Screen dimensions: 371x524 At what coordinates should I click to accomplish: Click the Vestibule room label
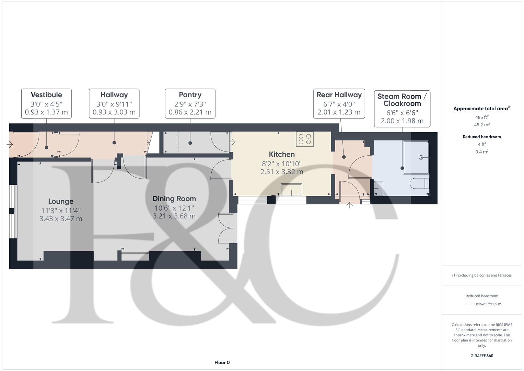[46, 95]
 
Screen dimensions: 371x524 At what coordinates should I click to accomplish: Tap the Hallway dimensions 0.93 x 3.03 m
[114, 112]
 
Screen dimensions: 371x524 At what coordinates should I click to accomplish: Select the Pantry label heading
[190, 95]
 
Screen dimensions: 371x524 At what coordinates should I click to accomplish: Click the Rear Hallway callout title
[339, 95]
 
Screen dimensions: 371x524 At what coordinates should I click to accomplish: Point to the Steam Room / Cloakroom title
[402, 100]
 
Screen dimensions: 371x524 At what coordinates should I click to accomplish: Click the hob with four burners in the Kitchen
[305, 139]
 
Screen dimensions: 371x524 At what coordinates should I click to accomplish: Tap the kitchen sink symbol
[291, 190]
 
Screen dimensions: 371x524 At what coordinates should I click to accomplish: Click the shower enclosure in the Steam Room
[416, 157]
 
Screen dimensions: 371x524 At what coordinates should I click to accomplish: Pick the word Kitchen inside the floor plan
[281, 155]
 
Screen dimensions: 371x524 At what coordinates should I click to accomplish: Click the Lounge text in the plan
[61, 202]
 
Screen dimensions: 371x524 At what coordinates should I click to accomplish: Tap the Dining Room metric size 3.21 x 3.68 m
[174, 216]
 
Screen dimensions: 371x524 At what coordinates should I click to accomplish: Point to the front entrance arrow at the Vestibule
[10, 145]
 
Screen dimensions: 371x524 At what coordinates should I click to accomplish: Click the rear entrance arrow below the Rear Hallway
[349, 205]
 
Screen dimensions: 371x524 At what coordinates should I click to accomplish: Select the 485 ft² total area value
[482, 117]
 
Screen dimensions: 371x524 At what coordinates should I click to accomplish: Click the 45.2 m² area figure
[482, 125]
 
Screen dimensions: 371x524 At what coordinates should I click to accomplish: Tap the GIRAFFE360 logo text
[482, 356]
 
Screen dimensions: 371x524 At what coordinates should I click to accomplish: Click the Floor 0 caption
[222, 362]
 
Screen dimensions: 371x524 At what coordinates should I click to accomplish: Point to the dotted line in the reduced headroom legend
[467, 304]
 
